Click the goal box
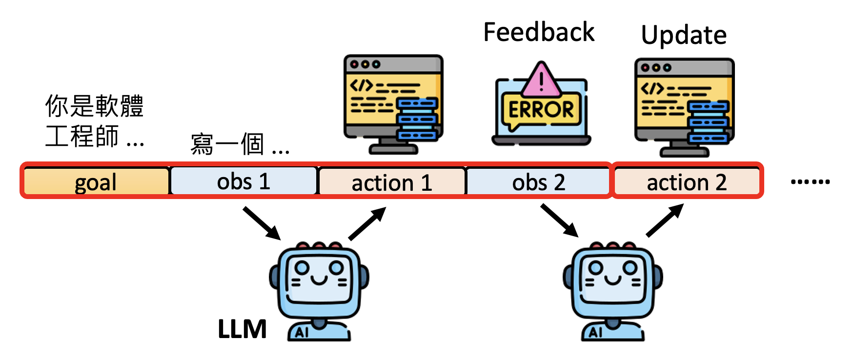click(96, 181)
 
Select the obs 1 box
click(244, 181)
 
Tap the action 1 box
click(392, 182)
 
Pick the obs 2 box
click(539, 182)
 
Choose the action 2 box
click(687, 182)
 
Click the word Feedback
click(539, 33)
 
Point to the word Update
click(684, 35)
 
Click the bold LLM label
click(242, 329)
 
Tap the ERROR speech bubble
click(541, 110)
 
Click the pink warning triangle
click(541, 80)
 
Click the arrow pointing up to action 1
click(367, 223)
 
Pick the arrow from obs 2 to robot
click(559, 220)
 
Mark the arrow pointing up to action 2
click(665, 220)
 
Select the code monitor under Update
click(684, 107)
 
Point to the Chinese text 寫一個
click(227, 144)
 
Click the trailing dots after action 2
click(810, 182)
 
